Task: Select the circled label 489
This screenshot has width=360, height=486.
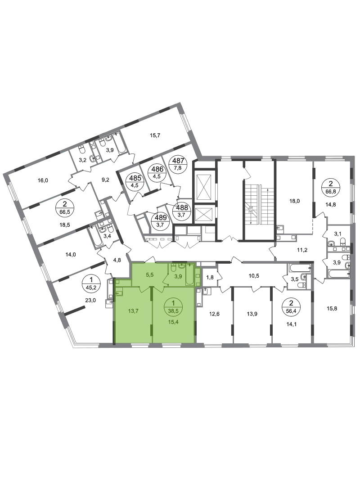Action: tap(161, 220)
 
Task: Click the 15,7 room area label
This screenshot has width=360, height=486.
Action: tap(155, 135)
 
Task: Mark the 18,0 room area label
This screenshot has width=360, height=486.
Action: tap(294, 201)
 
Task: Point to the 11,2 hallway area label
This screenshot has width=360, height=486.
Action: tap(302, 250)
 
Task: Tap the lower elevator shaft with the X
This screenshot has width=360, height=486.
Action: tap(203, 215)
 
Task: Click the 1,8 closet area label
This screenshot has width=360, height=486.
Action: tap(210, 278)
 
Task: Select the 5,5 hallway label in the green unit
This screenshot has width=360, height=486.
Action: tap(150, 274)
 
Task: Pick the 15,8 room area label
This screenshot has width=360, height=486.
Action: tap(332, 308)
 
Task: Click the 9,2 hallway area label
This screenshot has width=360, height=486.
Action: tap(105, 179)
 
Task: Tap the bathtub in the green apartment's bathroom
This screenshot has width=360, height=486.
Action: tap(190, 274)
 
